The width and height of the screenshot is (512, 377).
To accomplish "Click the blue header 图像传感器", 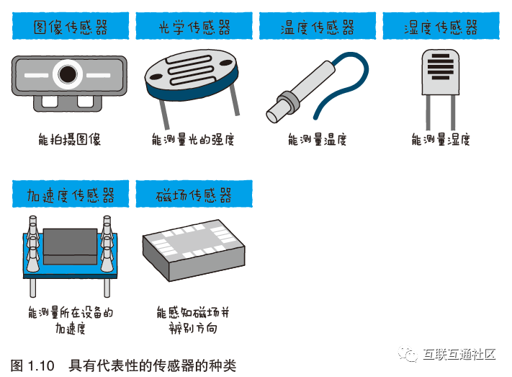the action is click(x=71, y=26).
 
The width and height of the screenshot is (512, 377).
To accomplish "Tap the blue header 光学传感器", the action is click(x=194, y=26).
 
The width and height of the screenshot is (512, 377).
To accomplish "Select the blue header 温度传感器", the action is click(x=318, y=26).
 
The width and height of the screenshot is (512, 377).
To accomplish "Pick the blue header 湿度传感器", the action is click(x=441, y=26).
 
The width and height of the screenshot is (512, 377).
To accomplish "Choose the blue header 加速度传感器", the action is click(x=71, y=194).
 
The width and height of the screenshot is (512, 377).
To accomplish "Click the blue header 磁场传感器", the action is click(x=194, y=194).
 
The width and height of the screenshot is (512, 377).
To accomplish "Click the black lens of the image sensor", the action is click(x=68, y=74).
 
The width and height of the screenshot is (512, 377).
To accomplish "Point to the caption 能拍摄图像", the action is click(x=70, y=139).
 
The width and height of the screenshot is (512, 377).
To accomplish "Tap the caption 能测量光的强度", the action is click(x=193, y=140).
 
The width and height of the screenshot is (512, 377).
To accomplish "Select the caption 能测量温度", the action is click(x=317, y=140).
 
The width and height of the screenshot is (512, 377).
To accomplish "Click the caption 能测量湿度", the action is click(x=441, y=140).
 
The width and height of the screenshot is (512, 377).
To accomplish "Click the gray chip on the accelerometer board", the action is click(x=70, y=247).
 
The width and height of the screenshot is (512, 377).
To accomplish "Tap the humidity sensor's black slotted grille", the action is click(x=441, y=67).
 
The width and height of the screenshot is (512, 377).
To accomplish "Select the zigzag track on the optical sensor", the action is click(x=189, y=71).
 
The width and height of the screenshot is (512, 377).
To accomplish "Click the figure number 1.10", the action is click(x=41, y=365).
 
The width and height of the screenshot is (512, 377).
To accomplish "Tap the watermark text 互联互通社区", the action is click(x=459, y=355).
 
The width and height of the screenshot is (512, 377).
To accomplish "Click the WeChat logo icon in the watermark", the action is click(x=408, y=354).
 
